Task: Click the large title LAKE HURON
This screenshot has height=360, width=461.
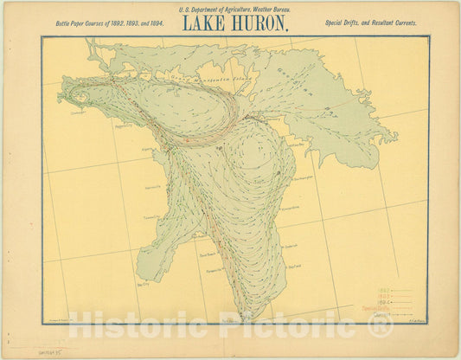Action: (234, 23)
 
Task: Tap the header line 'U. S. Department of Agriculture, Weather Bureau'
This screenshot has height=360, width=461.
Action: (234, 9)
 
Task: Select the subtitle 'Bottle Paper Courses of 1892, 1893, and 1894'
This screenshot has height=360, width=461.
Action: (109, 22)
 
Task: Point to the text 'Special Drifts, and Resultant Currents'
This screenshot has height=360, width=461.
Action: (373, 22)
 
